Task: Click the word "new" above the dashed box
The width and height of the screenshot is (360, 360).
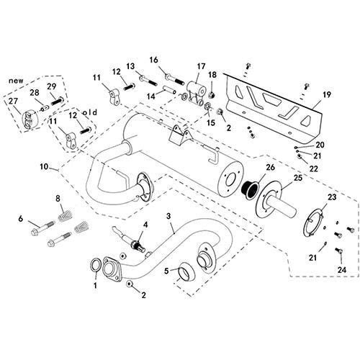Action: pos(16,81)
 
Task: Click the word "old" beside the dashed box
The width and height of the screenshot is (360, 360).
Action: pos(90,112)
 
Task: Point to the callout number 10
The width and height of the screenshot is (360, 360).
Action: pos(44,166)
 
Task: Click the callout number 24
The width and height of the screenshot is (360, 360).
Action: pos(342,269)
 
